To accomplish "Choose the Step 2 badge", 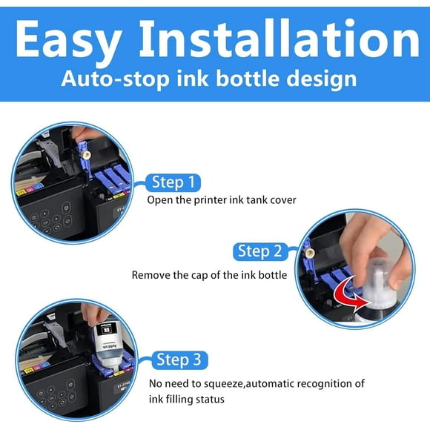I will [259, 251].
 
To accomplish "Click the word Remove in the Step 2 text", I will [150, 274].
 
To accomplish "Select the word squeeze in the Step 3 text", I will [223, 383].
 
